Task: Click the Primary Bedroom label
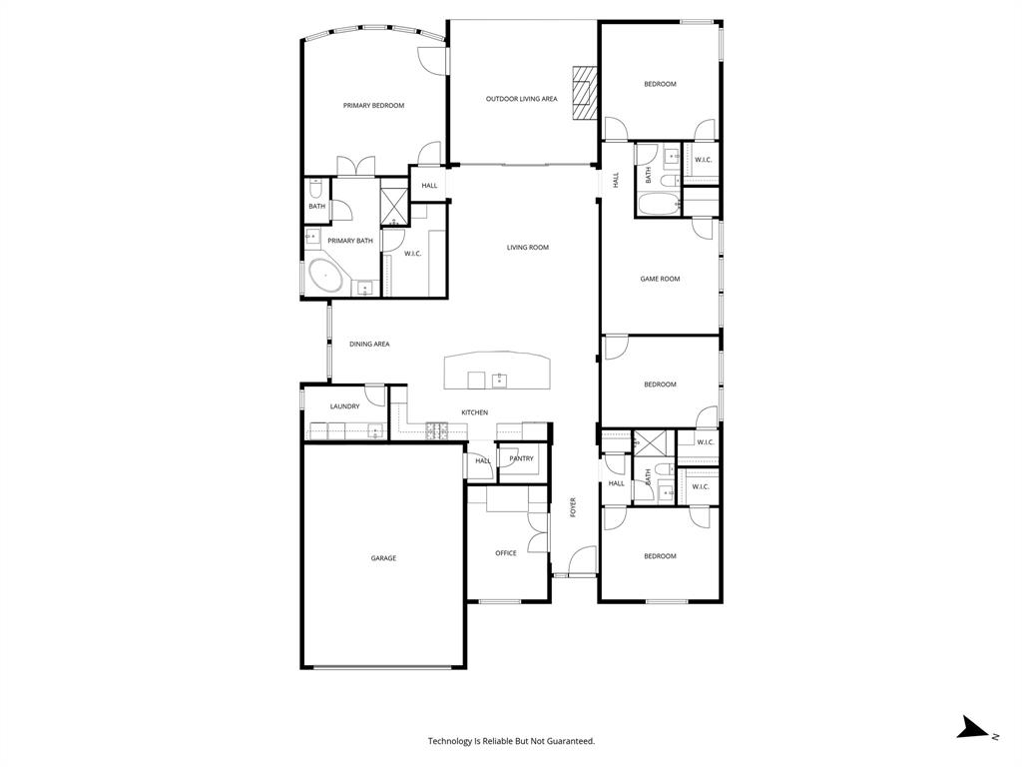pos(373,105)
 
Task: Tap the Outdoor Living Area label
pos(521,99)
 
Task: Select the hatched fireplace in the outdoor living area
pos(584,92)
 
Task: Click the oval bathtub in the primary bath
pos(325,277)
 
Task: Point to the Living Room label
pos(527,248)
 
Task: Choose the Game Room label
pos(660,279)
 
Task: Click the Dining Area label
pos(369,344)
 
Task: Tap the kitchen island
pos(497,371)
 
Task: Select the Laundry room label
pos(344,406)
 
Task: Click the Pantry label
pos(521,459)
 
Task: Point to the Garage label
pos(383,558)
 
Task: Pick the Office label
pos(506,553)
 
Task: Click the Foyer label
pos(573,507)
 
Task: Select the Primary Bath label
pos(350,241)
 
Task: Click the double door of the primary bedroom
pos(356,167)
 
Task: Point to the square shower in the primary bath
pos(394,205)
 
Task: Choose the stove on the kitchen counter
pos(437,430)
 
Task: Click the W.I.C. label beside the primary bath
pos(413,254)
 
